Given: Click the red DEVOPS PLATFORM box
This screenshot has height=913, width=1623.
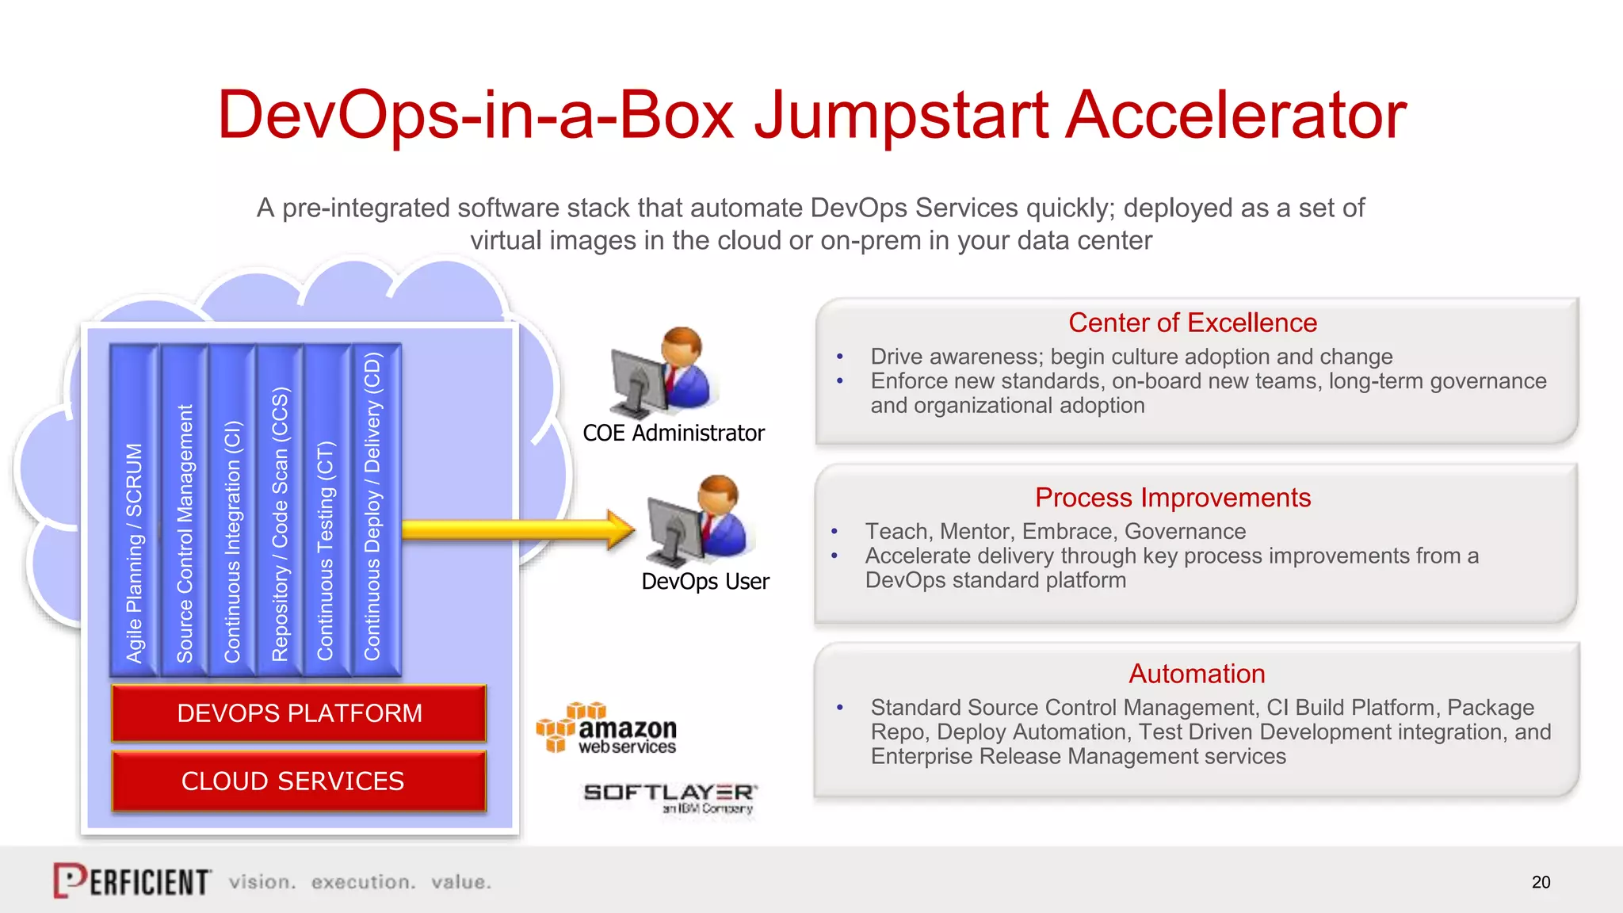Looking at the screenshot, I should point(299,713).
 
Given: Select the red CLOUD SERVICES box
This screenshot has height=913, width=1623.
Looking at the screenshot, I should point(299,781).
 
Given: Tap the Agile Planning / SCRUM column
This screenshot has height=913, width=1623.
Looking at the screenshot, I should point(134,511).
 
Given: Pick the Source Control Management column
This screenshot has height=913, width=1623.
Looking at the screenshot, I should point(184,511).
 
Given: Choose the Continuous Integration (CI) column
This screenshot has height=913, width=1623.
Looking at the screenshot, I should point(231,511).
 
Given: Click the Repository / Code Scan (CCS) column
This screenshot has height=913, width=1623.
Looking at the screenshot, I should point(280,511).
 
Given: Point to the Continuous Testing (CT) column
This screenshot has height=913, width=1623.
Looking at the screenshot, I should point(326,511).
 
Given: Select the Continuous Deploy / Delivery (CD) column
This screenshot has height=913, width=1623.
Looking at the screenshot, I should point(373,511).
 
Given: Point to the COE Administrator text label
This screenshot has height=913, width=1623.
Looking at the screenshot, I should point(674,434).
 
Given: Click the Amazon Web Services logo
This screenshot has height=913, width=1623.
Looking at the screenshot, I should point(607,728).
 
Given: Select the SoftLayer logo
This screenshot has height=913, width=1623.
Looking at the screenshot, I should point(670,797).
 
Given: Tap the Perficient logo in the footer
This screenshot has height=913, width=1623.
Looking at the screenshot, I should point(132,881).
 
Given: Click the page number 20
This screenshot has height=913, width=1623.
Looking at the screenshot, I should point(1541,882).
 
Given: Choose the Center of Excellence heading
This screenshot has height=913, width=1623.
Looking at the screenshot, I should point(1193,323).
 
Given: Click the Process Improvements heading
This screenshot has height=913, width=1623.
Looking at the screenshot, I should point(1173,498).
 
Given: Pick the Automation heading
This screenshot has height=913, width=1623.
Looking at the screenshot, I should point(1197,674).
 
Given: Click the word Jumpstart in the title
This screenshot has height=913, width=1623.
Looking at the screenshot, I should point(901,116).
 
